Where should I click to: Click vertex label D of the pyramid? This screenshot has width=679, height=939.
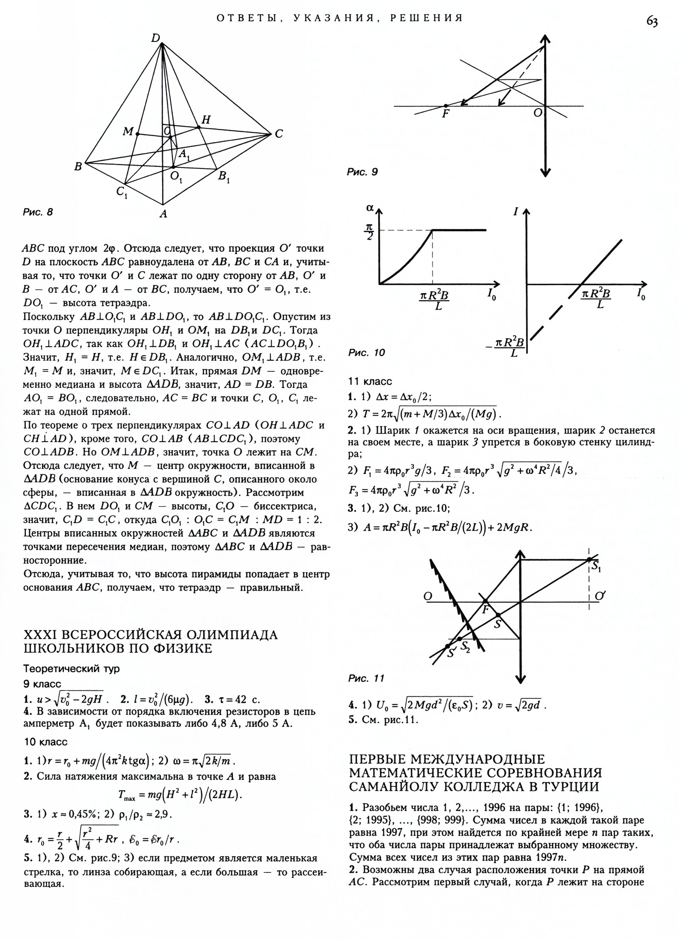156,39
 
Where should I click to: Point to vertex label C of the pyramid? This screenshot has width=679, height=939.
278,134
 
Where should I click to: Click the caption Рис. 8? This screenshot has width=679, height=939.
38,212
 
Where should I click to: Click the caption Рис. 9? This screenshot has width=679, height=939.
362,172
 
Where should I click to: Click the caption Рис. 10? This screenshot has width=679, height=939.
366,353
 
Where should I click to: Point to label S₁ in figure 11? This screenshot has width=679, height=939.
595,566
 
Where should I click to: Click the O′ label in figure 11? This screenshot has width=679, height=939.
599,596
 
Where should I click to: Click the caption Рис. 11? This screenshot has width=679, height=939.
366,678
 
